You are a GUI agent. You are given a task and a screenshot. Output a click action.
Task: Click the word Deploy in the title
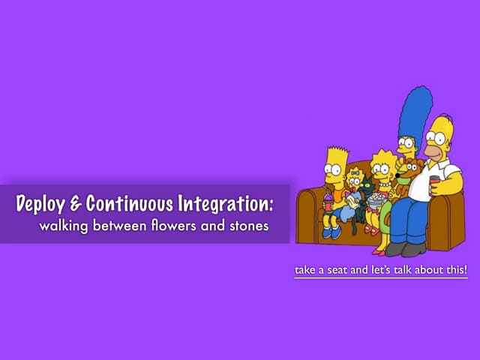(42, 203)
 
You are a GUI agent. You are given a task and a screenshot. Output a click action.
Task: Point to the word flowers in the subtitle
(172, 225)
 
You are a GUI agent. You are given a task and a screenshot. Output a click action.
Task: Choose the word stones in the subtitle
(247, 225)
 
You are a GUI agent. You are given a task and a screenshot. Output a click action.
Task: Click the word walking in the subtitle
(64, 225)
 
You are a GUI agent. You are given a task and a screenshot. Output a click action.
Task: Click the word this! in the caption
(454, 269)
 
